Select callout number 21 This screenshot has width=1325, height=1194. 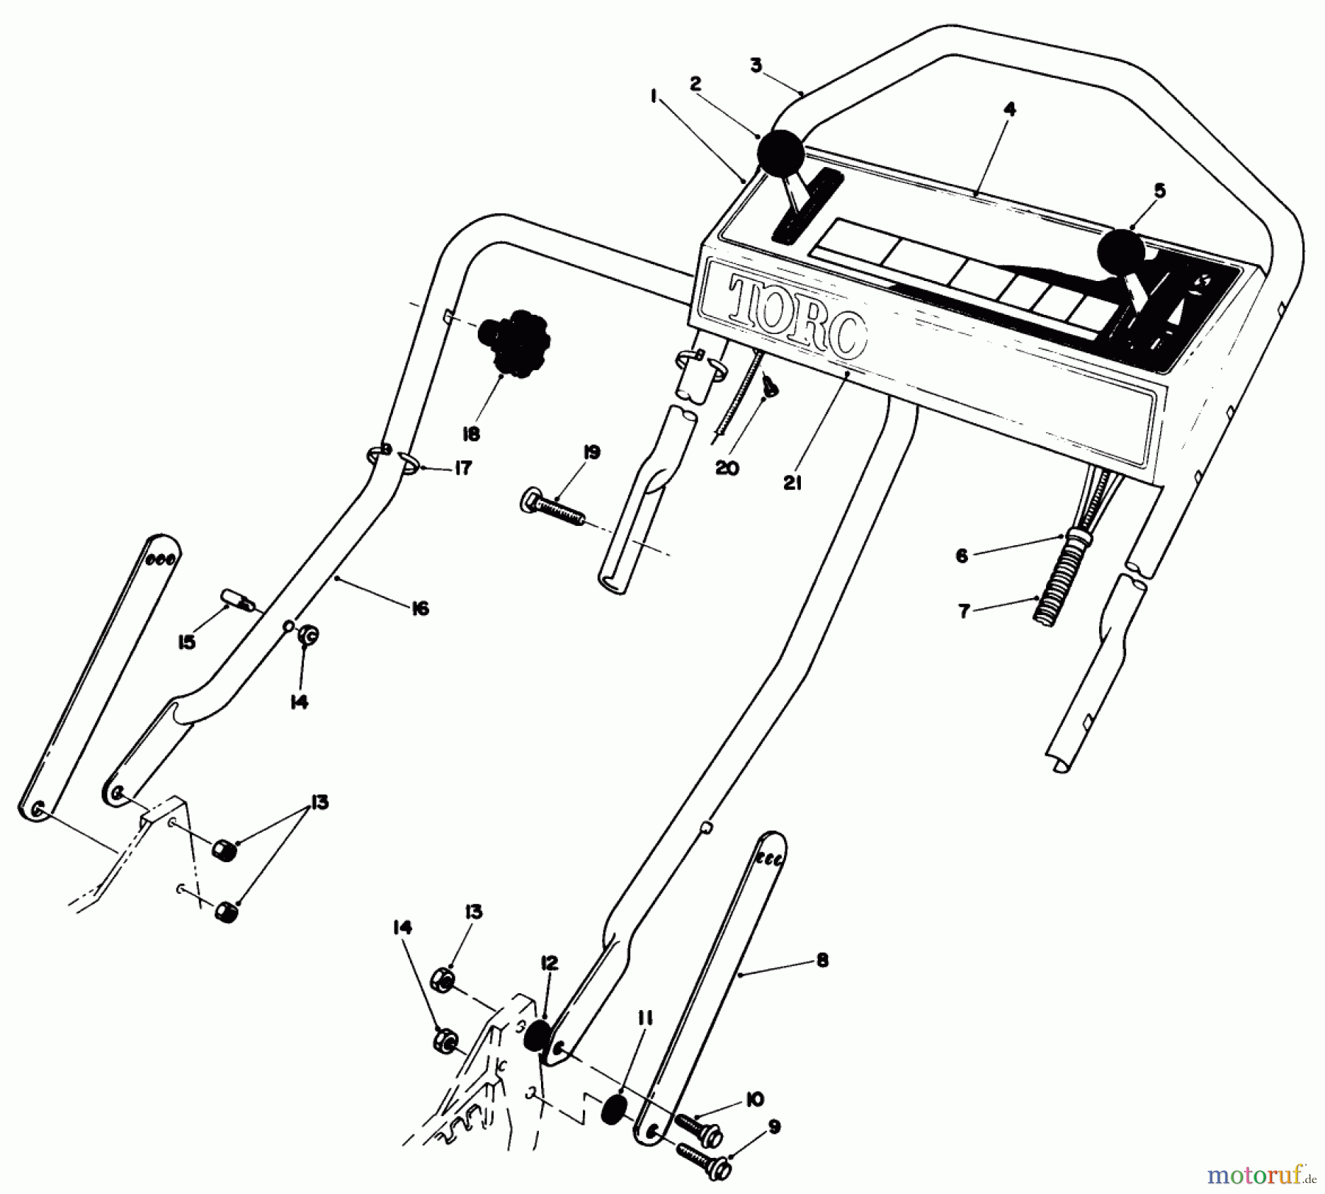click(x=792, y=483)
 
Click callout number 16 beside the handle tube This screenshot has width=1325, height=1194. click(x=420, y=608)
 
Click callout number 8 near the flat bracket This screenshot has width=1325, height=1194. click(x=822, y=960)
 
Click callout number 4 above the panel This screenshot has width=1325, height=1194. click(x=1010, y=110)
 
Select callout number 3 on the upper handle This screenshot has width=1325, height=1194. click(x=756, y=65)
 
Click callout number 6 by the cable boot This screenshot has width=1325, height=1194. click(x=961, y=556)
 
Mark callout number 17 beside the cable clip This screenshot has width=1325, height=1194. click(x=462, y=468)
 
